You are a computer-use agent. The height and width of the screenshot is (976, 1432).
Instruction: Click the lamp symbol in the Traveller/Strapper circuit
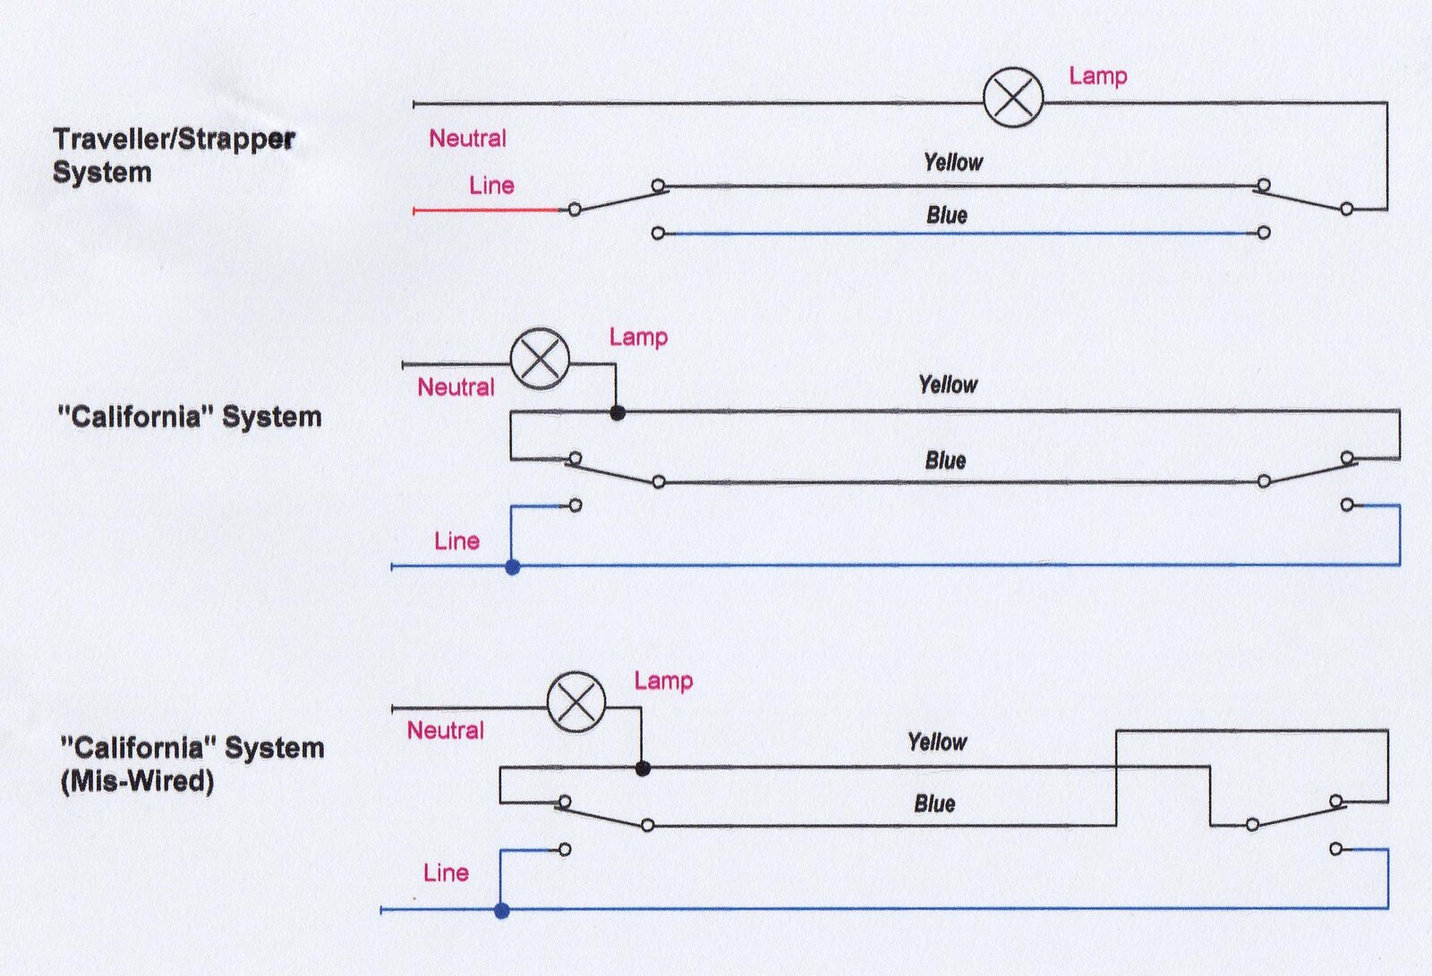(x=1013, y=98)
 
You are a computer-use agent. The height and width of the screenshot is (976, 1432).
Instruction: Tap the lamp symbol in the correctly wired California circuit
(x=541, y=359)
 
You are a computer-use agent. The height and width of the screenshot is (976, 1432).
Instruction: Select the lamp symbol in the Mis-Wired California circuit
(x=576, y=701)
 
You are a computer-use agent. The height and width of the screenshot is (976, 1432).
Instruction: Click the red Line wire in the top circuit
(x=487, y=209)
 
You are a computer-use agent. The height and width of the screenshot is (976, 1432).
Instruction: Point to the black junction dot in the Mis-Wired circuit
(x=644, y=768)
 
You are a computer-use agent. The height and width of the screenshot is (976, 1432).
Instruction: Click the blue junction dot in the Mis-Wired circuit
(x=502, y=910)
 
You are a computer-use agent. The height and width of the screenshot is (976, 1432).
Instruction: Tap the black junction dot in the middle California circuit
(x=617, y=413)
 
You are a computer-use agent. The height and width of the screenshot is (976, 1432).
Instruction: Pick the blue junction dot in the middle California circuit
(x=513, y=567)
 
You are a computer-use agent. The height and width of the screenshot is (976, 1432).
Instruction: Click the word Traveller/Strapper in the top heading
(x=174, y=140)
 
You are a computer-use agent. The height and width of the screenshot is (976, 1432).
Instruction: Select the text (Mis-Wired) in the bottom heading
(x=138, y=781)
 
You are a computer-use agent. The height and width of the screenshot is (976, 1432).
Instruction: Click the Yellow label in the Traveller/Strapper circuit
(x=953, y=162)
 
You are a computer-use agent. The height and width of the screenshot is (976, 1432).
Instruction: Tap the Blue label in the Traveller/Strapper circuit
(x=947, y=215)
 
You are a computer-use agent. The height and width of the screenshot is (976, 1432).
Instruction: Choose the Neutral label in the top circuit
(x=467, y=138)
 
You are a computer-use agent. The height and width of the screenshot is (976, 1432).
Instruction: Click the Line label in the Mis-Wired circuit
(x=447, y=872)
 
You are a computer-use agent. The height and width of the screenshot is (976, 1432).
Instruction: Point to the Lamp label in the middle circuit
(x=638, y=337)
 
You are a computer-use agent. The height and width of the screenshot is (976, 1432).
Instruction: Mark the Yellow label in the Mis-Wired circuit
(x=937, y=743)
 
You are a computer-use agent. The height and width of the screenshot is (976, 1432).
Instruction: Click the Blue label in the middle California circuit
(x=945, y=460)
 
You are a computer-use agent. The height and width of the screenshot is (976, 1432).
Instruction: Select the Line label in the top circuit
(x=491, y=185)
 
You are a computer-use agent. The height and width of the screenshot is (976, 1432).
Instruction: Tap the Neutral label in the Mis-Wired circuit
(x=446, y=730)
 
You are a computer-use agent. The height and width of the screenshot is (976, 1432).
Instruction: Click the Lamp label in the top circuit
(x=1098, y=76)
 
